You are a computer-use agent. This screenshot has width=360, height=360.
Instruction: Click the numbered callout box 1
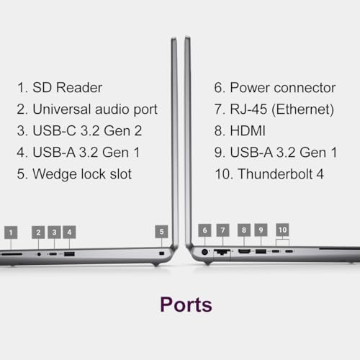coord(11,233)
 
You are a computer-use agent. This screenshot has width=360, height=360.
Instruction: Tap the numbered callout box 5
coord(161,232)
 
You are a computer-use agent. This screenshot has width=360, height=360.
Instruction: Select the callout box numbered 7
coord(222,230)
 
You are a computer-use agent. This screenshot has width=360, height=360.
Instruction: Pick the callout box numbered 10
coord(282,230)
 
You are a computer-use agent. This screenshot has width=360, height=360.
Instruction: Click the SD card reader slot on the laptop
coord(11,254)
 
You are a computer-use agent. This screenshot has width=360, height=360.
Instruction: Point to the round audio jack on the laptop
coord(39,254)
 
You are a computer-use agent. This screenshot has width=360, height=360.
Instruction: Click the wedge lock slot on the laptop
coord(161,253)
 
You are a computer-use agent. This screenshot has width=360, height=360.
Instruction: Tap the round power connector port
coord(204,252)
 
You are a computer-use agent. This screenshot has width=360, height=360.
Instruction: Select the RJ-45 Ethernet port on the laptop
coord(222,252)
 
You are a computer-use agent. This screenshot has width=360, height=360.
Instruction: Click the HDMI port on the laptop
coord(244,251)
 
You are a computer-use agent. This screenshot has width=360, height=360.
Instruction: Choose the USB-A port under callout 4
coord(69,254)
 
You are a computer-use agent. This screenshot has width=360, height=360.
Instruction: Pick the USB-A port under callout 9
coord(261,251)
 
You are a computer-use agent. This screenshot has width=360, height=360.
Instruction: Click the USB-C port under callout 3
coord(53,254)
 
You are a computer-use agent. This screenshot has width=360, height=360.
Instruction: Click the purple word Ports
coord(186,305)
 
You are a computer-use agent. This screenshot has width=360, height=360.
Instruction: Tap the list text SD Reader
coord(68,87)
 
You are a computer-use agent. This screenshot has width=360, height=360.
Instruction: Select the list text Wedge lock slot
coord(82,174)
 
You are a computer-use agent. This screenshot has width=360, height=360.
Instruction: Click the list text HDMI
coord(248,131)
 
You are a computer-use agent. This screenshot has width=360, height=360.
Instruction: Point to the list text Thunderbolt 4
coord(281,174)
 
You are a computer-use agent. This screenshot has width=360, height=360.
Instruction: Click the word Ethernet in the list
coord(302,109)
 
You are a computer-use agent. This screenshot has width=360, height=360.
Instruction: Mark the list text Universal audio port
coord(95,109)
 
